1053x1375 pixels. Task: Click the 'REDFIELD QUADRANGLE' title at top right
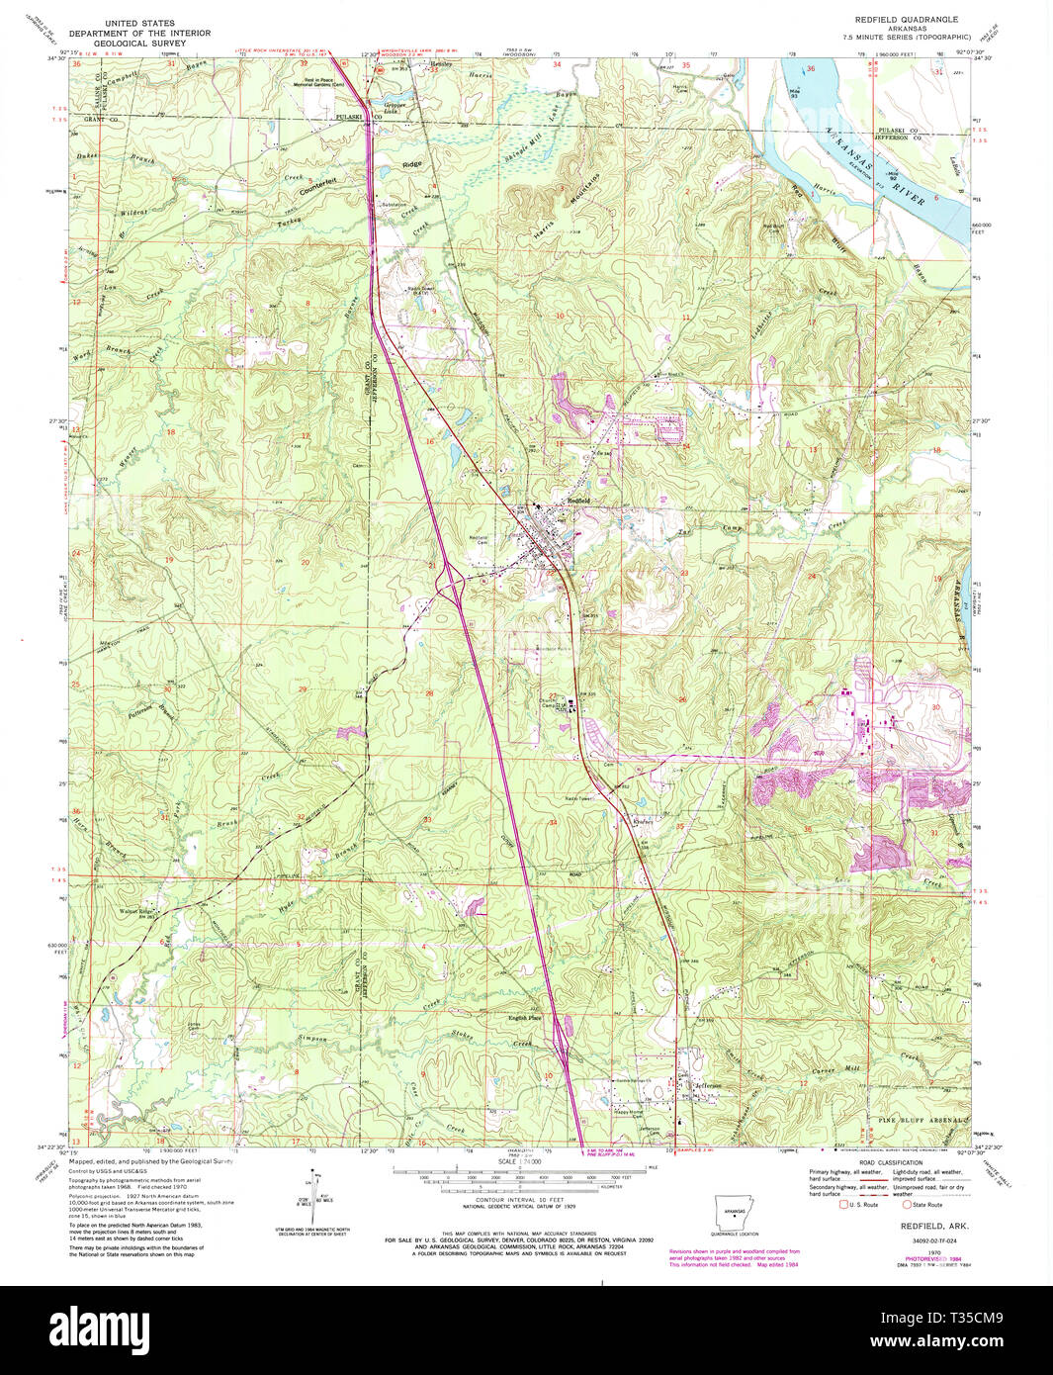[x=906, y=20]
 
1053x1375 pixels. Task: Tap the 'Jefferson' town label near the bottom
[x=708, y=1086]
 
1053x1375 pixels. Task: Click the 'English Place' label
[x=525, y=1018]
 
